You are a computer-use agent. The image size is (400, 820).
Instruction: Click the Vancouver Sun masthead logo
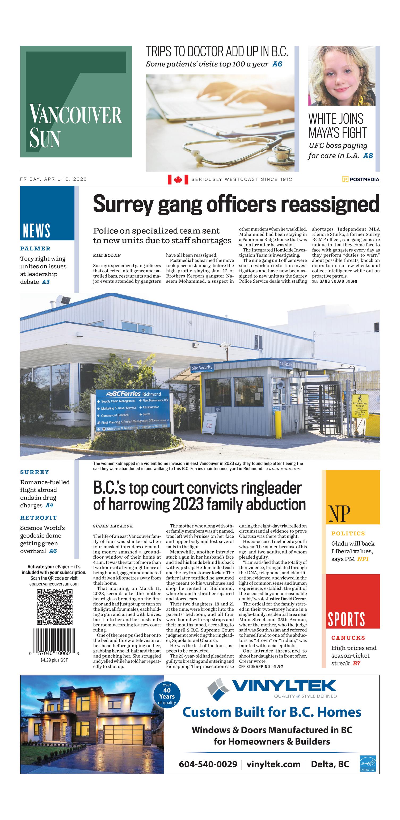(x=76, y=101)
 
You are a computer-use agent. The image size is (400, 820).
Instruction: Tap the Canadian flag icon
(x=178, y=179)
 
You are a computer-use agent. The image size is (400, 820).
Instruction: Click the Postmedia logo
(x=361, y=179)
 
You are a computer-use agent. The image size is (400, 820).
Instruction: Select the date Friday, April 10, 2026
(x=53, y=179)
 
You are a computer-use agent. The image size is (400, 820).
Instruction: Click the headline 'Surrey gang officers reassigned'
(x=236, y=204)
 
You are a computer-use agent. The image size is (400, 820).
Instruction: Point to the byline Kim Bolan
(x=107, y=255)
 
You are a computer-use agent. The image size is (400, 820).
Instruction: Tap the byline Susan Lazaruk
(x=113, y=526)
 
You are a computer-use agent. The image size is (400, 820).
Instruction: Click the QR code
(x=54, y=607)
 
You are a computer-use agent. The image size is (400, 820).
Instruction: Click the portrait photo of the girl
(x=342, y=76)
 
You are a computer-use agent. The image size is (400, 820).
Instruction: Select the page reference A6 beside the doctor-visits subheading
(x=277, y=64)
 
